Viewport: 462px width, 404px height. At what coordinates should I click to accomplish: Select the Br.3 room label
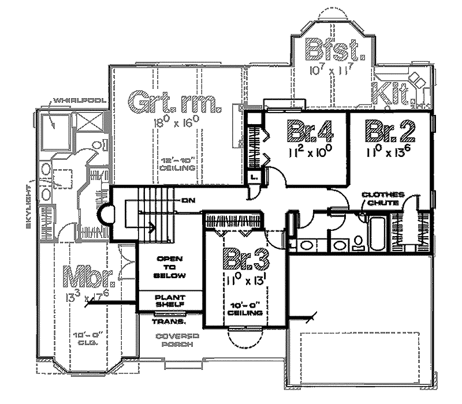(245, 259)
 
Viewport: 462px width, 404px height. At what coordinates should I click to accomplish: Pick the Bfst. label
(336, 50)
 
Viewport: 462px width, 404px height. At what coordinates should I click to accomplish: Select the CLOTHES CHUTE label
(383, 198)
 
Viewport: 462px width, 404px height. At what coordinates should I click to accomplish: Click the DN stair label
(187, 201)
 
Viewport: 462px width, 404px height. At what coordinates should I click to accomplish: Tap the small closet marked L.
(254, 177)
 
